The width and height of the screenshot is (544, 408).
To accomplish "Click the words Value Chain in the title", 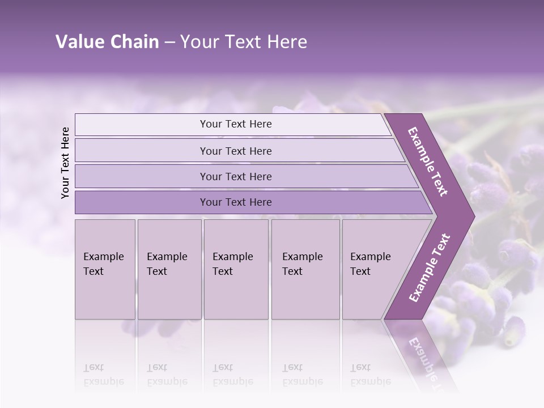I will [x=107, y=42].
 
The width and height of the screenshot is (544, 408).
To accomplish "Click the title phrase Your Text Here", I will [x=244, y=42].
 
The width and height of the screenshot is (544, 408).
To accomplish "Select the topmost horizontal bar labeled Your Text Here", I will [x=235, y=124].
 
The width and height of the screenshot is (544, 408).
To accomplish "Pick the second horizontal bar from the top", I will [x=235, y=151].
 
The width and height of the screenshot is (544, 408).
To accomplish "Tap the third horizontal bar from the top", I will [x=235, y=176].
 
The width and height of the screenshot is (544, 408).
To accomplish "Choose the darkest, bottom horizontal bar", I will [x=235, y=202].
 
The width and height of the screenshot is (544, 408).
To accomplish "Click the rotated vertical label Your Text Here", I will [x=65, y=163].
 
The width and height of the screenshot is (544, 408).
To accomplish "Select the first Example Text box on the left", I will [x=105, y=269].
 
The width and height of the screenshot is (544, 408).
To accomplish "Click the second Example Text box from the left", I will [x=169, y=269].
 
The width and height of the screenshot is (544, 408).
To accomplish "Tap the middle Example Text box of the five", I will [x=235, y=269].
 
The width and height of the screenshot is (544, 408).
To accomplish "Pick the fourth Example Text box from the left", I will [x=305, y=269].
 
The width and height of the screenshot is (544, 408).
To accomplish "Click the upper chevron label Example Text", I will [x=428, y=161].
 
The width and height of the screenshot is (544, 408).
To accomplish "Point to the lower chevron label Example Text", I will [x=429, y=267].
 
